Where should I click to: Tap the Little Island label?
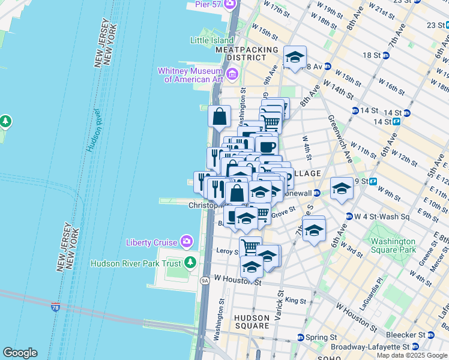tap(212, 40)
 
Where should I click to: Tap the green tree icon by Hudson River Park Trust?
tap(190, 263)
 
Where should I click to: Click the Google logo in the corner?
tap(20, 353)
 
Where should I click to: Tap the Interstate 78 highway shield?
tap(55, 307)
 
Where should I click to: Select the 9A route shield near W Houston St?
tap(205, 280)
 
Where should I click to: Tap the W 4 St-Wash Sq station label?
tap(379, 217)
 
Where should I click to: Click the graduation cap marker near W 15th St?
tap(294, 58)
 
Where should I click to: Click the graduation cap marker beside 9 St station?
tap(342, 188)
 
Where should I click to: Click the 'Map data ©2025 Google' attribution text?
tap(412, 355)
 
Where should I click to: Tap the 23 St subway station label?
tap(436, 25)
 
